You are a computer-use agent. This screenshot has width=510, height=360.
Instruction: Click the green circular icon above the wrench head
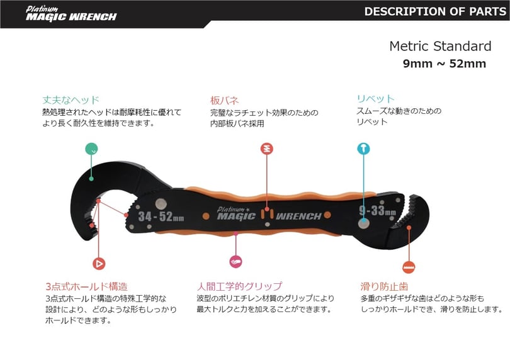click(x=91, y=149)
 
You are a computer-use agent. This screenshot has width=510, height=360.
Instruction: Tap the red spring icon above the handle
click(x=267, y=149)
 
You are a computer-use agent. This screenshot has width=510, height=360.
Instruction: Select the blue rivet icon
click(x=363, y=149)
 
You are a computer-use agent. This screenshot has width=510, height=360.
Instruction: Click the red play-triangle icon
click(x=99, y=264)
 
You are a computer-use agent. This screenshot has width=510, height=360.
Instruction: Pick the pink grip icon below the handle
click(x=236, y=261)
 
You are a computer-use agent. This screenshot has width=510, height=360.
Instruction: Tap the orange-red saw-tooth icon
click(x=409, y=267)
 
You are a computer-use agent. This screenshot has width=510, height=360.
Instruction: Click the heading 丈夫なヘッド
click(x=71, y=100)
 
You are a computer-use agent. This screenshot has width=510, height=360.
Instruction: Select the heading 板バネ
click(x=224, y=100)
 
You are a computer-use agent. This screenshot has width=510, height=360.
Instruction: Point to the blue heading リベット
click(x=376, y=99)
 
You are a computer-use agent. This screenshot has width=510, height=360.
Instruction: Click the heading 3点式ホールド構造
click(x=86, y=286)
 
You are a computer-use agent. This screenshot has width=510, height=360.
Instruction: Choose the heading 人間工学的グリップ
click(x=239, y=286)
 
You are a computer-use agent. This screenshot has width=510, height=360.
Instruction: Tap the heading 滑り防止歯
click(x=384, y=286)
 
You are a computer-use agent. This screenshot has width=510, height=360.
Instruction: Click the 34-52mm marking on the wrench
click(x=161, y=217)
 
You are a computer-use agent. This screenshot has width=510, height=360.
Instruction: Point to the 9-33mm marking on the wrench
click(x=378, y=211)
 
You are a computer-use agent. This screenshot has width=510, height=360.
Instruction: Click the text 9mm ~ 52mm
click(x=445, y=64)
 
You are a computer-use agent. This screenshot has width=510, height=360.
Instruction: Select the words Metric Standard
click(x=440, y=46)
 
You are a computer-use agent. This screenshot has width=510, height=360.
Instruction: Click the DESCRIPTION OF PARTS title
click(x=435, y=12)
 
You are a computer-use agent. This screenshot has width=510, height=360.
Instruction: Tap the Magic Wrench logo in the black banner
click(x=71, y=14)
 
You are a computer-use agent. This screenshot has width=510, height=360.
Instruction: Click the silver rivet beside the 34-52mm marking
click(x=161, y=204)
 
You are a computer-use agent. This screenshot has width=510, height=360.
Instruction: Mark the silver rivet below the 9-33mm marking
click(x=364, y=223)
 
